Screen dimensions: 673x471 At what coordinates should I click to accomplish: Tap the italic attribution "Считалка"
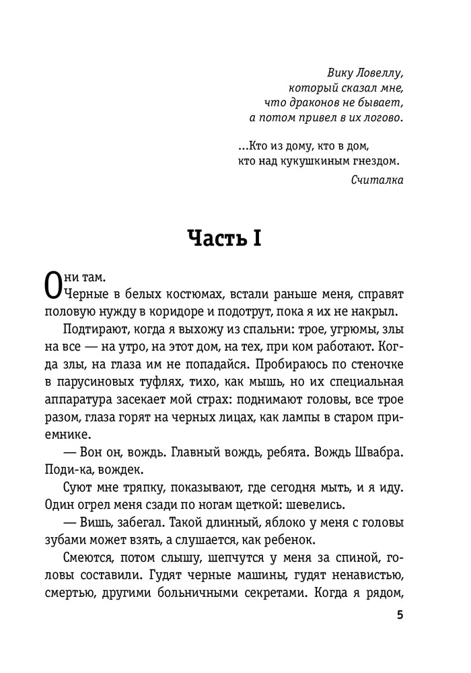(x=377, y=179)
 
